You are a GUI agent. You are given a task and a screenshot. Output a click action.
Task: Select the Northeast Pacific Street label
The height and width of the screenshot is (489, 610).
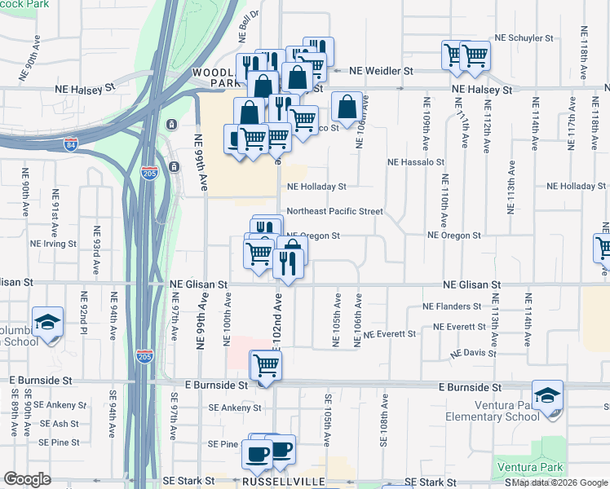coord(334,211)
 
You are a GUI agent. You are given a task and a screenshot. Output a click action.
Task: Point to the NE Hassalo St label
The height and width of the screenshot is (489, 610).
coord(415,162)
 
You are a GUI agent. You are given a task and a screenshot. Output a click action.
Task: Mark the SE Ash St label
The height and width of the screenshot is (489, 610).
coord(59,424)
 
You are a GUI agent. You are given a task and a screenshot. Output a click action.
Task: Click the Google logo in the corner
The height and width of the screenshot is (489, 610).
coord(27,479)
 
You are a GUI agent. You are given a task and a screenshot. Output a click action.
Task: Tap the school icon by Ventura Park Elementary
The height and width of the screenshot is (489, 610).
coord(547,397)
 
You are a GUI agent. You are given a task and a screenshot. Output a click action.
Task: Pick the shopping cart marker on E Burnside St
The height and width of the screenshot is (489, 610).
coord(266,368)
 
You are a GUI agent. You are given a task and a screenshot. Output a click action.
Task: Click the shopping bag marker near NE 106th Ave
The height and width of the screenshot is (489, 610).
coord(347,108)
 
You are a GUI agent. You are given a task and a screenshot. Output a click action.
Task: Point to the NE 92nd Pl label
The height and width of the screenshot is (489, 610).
coord(82,313)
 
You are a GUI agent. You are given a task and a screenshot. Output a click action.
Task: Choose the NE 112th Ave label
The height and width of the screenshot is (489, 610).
coord(486,128)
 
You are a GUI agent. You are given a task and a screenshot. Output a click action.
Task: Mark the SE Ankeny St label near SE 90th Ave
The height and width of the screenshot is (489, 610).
coord(59,405)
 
